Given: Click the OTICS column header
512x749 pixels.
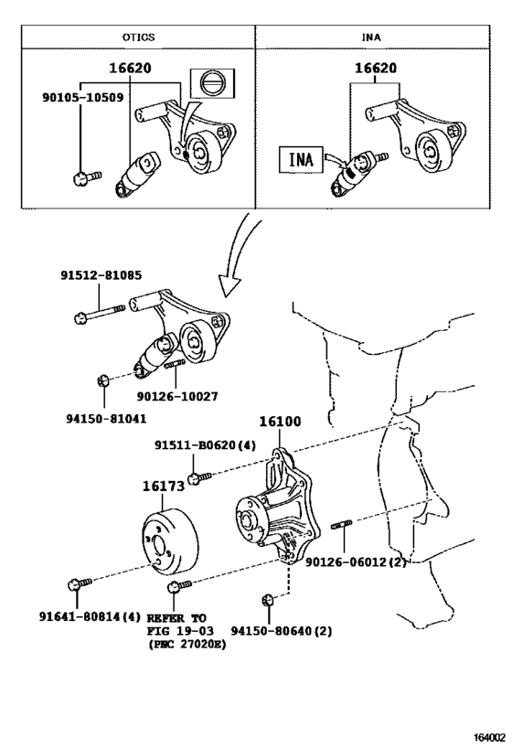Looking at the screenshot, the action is (x=138, y=37).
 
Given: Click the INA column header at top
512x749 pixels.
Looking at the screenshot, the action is (x=371, y=37).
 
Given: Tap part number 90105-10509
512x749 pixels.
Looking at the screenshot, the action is (x=83, y=98).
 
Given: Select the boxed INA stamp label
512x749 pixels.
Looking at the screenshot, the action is (x=301, y=159).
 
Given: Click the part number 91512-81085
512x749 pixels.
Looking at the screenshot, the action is (x=101, y=275).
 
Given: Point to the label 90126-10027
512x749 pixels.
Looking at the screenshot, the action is (x=177, y=397).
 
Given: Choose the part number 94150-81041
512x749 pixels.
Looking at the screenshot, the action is (x=106, y=419).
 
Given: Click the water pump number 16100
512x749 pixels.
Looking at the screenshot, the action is (x=281, y=422).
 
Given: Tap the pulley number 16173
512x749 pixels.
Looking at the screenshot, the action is (x=164, y=487).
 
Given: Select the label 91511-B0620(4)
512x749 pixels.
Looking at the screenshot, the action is (x=205, y=445).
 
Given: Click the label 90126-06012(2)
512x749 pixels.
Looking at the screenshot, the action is (x=356, y=562).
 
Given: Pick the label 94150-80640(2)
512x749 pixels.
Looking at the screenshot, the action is (x=282, y=631).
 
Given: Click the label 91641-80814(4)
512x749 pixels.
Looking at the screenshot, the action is (x=90, y=616).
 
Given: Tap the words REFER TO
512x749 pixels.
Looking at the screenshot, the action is (x=176, y=617).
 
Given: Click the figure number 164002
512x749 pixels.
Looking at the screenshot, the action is (x=489, y=738).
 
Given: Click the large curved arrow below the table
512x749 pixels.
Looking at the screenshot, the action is (x=239, y=253).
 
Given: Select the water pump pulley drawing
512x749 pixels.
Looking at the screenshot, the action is (x=170, y=542).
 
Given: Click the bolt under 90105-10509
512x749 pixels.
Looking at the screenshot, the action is (x=88, y=177).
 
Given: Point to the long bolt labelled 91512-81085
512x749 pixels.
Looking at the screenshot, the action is (x=100, y=314).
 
